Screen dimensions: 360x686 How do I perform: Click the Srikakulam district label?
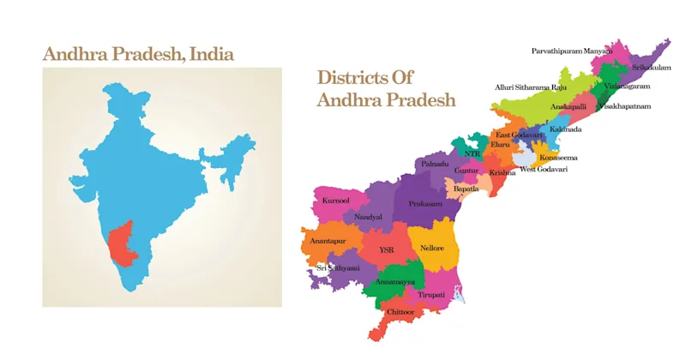[651, 67]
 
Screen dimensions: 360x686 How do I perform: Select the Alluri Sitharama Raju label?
[531, 87]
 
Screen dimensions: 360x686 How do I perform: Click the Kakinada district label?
[565, 129]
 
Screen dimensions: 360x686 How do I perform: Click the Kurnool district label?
[335, 201]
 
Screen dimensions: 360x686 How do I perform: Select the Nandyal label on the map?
[368, 217]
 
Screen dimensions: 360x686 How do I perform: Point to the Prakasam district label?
[425, 204]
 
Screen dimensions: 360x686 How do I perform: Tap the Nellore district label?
[432, 248]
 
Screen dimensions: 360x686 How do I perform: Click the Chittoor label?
[400, 312]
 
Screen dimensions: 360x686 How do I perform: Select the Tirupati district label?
[431, 294]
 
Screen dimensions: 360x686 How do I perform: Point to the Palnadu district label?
[434, 163]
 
